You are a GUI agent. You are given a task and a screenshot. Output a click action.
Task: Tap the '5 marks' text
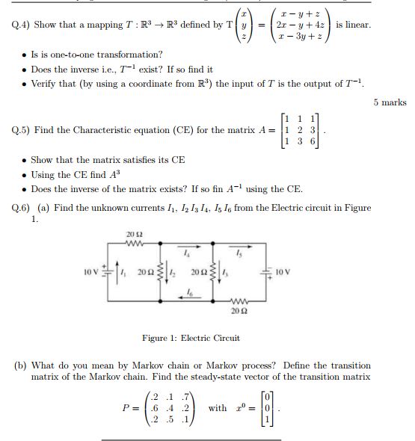(x=389, y=103)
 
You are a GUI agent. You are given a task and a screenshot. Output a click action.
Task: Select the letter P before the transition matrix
(x=126, y=408)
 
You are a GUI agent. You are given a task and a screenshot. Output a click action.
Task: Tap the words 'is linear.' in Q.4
(x=353, y=25)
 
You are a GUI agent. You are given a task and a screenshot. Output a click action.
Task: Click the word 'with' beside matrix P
(x=218, y=408)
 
